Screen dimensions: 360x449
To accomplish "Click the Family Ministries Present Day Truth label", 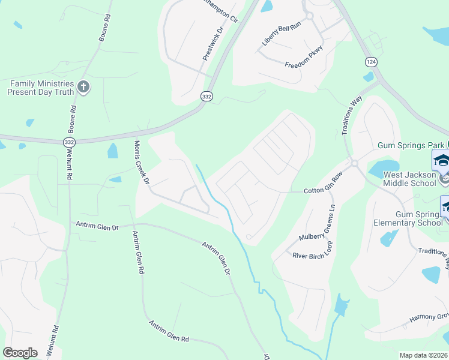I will click(40, 88).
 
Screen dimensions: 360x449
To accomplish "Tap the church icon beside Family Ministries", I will click(83, 88).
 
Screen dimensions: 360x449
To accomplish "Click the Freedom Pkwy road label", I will click(304, 56).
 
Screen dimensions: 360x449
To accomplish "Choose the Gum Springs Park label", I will click(411, 145).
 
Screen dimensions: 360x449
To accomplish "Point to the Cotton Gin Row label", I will click(322, 191).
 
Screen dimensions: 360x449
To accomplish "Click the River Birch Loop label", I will click(312, 254).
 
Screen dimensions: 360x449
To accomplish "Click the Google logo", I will click(20, 353).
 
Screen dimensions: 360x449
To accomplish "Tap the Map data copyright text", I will click(424, 355).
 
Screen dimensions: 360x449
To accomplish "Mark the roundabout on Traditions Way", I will click(354, 163).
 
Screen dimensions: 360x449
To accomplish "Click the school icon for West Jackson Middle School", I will click(441, 160).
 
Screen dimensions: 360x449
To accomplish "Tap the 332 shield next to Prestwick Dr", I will click(206, 96).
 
